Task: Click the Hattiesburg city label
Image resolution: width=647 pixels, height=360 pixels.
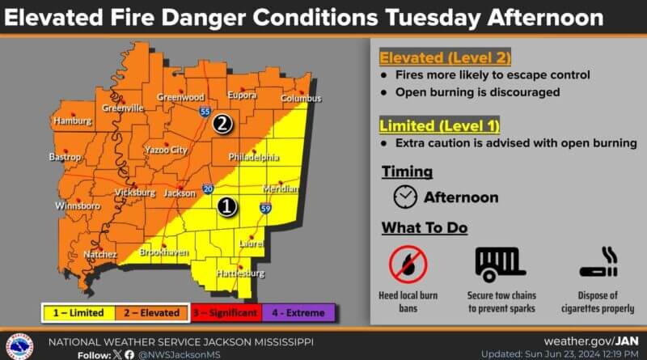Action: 241,273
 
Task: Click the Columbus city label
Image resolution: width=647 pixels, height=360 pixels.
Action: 300,99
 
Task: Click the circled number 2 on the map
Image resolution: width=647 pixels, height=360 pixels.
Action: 222,125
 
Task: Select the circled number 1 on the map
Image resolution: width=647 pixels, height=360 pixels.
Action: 228,207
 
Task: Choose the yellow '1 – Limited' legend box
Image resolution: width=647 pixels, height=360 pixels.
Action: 79,312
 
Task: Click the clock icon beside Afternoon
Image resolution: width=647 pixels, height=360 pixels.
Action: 405,197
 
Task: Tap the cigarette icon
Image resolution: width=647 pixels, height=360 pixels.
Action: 599,263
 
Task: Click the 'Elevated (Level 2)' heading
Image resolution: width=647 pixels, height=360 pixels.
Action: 446,57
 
